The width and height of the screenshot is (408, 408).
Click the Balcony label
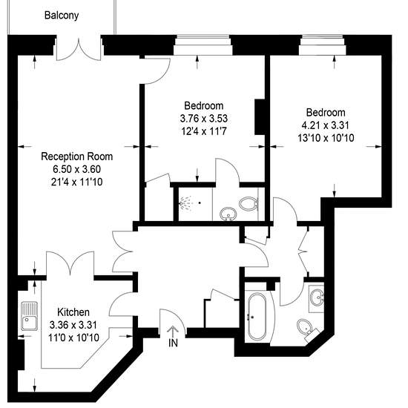tap(62, 16)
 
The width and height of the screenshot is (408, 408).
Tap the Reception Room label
tap(77, 157)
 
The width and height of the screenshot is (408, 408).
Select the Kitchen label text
tap(73, 312)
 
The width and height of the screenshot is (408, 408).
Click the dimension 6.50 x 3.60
tap(76, 169)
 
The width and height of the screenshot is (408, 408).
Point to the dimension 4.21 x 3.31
tap(325, 125)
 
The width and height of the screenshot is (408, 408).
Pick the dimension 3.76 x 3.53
tap(204, 119)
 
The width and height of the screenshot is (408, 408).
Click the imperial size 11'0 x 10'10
tap(73, 338)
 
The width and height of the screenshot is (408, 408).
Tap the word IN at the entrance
tap(173, 343)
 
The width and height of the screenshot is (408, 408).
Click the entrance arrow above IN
tap(173, 332)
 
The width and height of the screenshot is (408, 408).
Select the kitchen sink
tap(29, 316)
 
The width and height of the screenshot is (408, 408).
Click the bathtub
tap(257, 317)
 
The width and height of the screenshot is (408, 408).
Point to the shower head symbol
tap(185, 203)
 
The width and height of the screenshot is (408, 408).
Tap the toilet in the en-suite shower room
tap(249, 204)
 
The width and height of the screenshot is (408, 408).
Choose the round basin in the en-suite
tap(228, 214)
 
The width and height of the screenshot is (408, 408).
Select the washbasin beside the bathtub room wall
tap(317, 297)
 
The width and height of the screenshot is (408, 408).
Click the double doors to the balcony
tap(79, 50)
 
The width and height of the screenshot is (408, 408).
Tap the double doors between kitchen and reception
tap(70, 263)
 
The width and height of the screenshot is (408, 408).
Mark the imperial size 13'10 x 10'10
tap(326, 138)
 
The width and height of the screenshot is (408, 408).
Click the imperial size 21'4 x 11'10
tap(76, 182)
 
